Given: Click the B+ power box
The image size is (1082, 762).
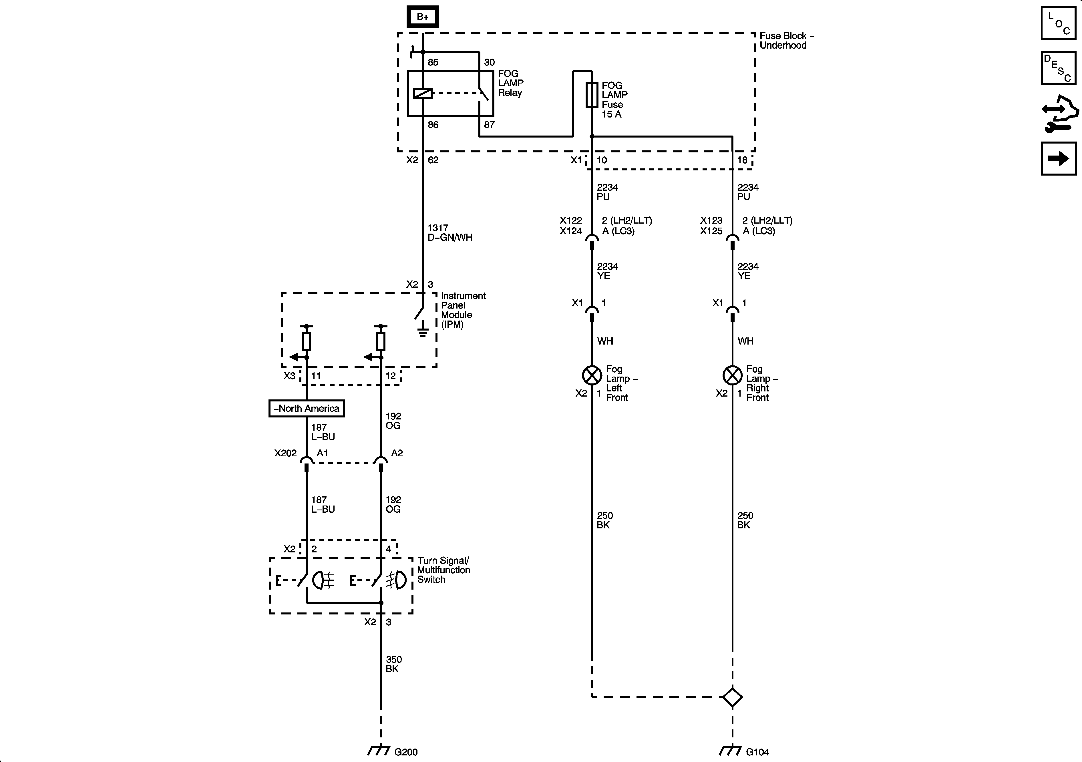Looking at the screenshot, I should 423,17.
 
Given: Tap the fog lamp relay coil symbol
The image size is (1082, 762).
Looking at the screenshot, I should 423,93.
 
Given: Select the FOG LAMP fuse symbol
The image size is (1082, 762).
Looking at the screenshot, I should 592,95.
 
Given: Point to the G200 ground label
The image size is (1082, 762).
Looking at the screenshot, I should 406,752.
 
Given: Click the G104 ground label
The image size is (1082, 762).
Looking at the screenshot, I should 757,752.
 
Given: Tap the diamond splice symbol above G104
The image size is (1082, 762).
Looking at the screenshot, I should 732,697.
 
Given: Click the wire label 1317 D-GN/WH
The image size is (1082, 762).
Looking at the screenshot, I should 449,233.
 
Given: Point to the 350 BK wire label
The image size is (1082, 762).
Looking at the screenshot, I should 393,664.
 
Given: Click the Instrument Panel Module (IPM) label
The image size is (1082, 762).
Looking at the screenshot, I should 462,310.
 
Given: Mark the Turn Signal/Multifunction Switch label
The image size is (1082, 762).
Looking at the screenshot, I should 443,570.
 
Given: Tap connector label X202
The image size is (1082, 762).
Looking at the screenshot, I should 286,453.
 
